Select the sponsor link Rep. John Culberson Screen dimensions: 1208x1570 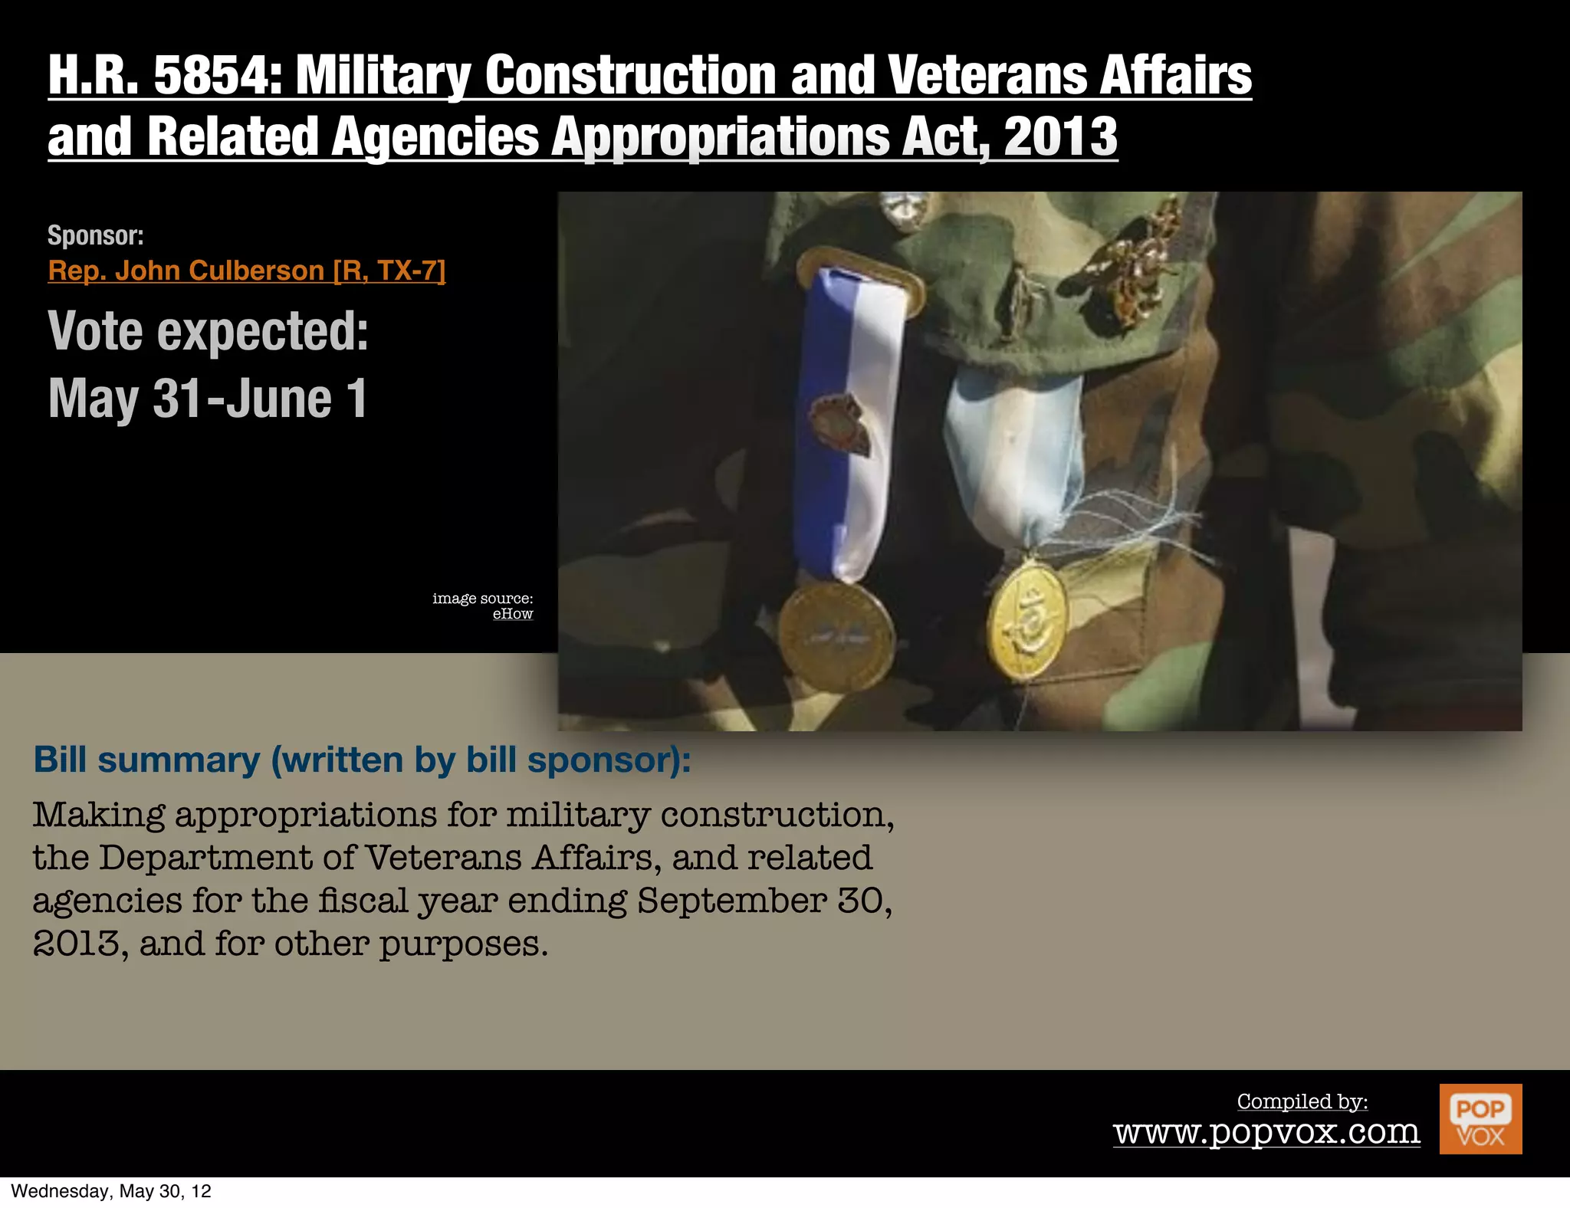click(x=246, y=271)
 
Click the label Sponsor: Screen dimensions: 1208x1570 click(x=96, y=235)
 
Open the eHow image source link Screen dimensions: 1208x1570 click(x=512, y=614)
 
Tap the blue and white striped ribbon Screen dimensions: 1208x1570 click(x=843, y=422)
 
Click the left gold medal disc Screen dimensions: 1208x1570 click(x=836, y=636)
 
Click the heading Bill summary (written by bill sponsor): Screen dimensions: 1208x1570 click(x=362, y=760)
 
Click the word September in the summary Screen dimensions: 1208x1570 click(x=731, y=901)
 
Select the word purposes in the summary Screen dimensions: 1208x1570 click(x=463, y=944)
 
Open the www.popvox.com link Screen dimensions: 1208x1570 click(x=1266, y=1131)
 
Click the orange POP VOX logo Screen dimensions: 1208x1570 click(x=1480, y=1118)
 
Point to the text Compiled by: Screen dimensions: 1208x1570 click(x=1302, y=1101)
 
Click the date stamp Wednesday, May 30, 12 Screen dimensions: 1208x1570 click(x=111, y=1191)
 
